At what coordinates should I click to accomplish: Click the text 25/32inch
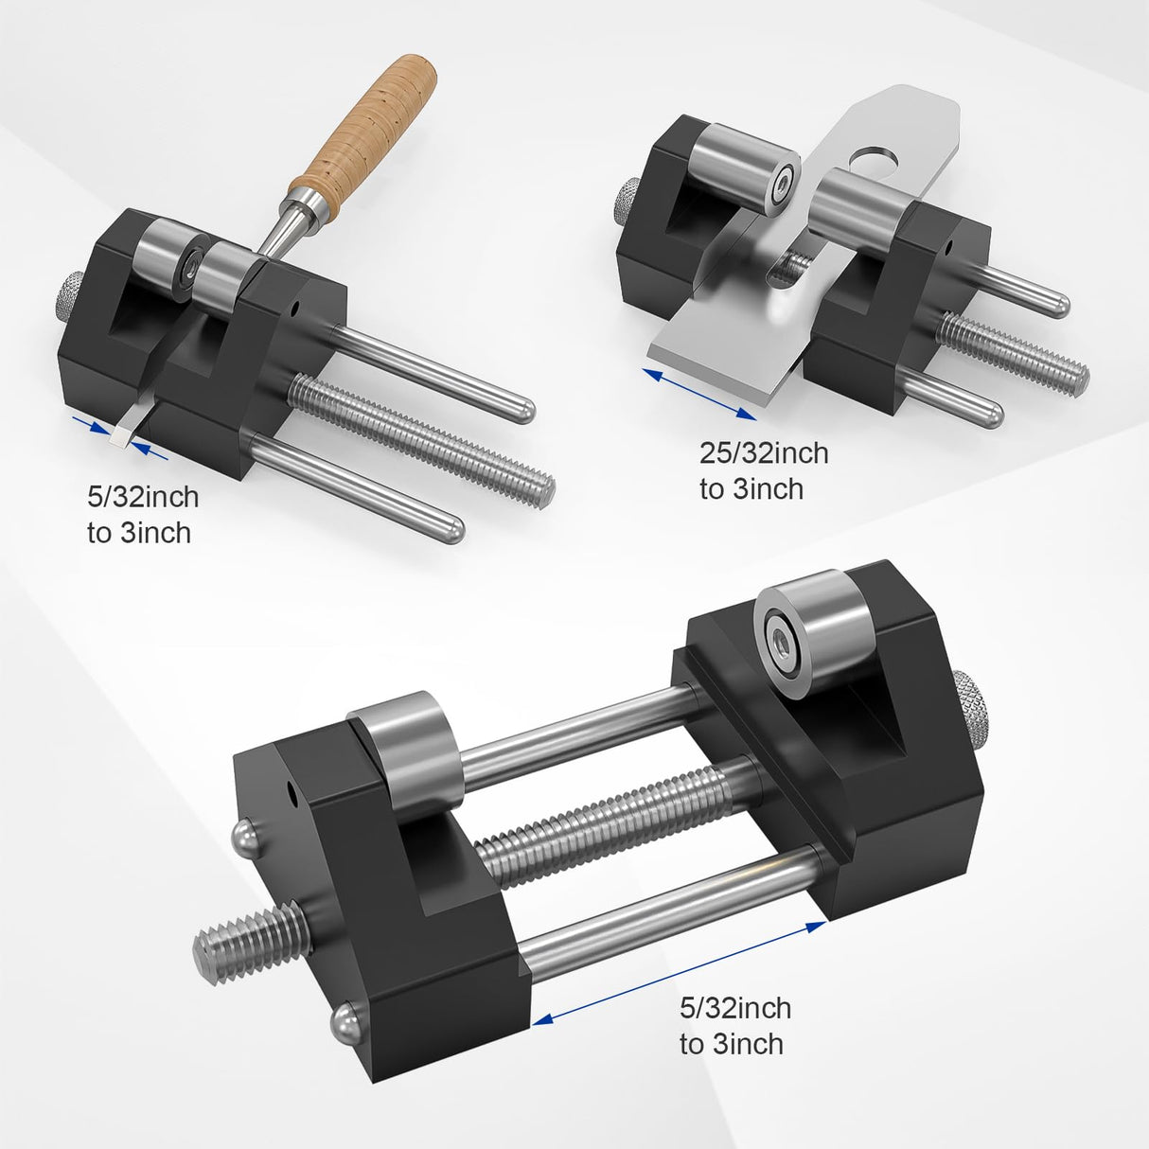click(764, 453)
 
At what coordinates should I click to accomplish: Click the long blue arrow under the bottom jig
click(680, 972)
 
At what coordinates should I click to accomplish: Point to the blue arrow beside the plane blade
click(699, 394)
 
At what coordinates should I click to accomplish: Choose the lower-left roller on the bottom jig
click(410, 740)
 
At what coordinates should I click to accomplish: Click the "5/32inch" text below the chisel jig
click(143, 496)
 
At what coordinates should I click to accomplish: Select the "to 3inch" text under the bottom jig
click(731, 1045)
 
